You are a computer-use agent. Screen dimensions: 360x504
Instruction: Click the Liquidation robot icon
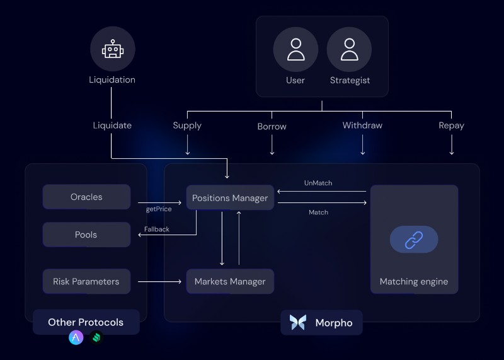(x=112, y=49)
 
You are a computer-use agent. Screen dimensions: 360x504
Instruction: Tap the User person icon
(x=295, y=49)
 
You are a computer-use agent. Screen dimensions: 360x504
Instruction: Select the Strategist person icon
(x=349, y=49)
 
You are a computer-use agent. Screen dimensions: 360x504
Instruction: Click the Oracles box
(x=86, y=197)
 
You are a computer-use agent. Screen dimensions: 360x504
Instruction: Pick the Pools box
(x=86, y=235)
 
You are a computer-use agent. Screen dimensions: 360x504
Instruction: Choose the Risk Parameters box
(x=86, y=281)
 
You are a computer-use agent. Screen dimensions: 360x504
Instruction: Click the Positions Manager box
(x=230, y=198)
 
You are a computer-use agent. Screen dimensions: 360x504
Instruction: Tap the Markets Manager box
(x=230, y=281)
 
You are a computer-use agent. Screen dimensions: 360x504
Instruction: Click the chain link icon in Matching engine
(x=413, y=240)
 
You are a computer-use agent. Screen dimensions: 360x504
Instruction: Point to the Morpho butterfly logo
(x=298, y=323)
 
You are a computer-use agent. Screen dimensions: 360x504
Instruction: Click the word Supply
(x=187, y=125)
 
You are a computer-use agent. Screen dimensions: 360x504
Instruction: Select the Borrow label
(x=272, y=127)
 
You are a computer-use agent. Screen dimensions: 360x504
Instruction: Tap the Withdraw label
(x=362, y=125)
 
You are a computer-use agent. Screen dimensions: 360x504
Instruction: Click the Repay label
(x=451, y=125)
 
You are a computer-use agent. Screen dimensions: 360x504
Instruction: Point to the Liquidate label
(x=112, y=125)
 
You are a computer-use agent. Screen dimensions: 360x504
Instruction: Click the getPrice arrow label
(x=159, y=209)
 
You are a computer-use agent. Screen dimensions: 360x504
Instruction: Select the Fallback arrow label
(x=157, y=229)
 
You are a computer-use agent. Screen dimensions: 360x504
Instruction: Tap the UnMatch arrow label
(x=318, y=183)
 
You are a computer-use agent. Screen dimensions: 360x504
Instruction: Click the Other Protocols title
(x=86, y=322)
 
